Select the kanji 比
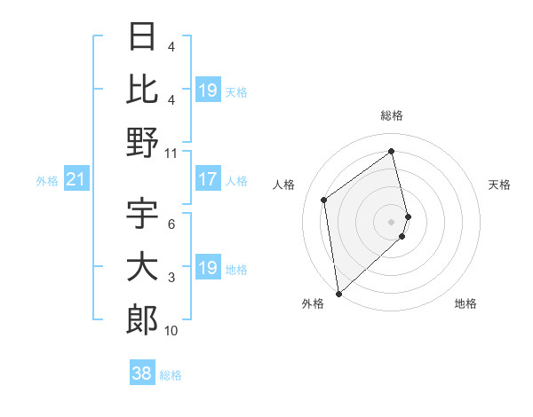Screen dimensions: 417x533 pos(142,90)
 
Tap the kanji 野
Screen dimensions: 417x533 pos(142,141)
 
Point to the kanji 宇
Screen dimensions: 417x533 pos(142,214)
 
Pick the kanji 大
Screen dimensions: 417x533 pos(142,268)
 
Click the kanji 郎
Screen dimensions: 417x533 pos(142,319)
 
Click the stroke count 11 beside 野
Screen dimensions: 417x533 pos(171,153)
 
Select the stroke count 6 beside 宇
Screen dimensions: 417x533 pos(171,225)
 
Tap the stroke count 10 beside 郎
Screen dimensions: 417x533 pos(171,331)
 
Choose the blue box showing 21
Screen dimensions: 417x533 pos(76,180)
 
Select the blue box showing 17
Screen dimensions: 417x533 pos(208,180)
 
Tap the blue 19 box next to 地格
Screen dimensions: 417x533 pos(208,269)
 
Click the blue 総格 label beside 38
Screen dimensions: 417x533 pos(171,375)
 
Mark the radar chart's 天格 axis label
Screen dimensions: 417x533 pos(500,185)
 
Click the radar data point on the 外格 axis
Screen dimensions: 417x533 pos(338,293)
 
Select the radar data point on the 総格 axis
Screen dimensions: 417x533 pos(392,151)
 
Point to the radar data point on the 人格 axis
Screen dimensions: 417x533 pos(324,200)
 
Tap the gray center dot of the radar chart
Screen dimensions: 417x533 pos(392,221)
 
